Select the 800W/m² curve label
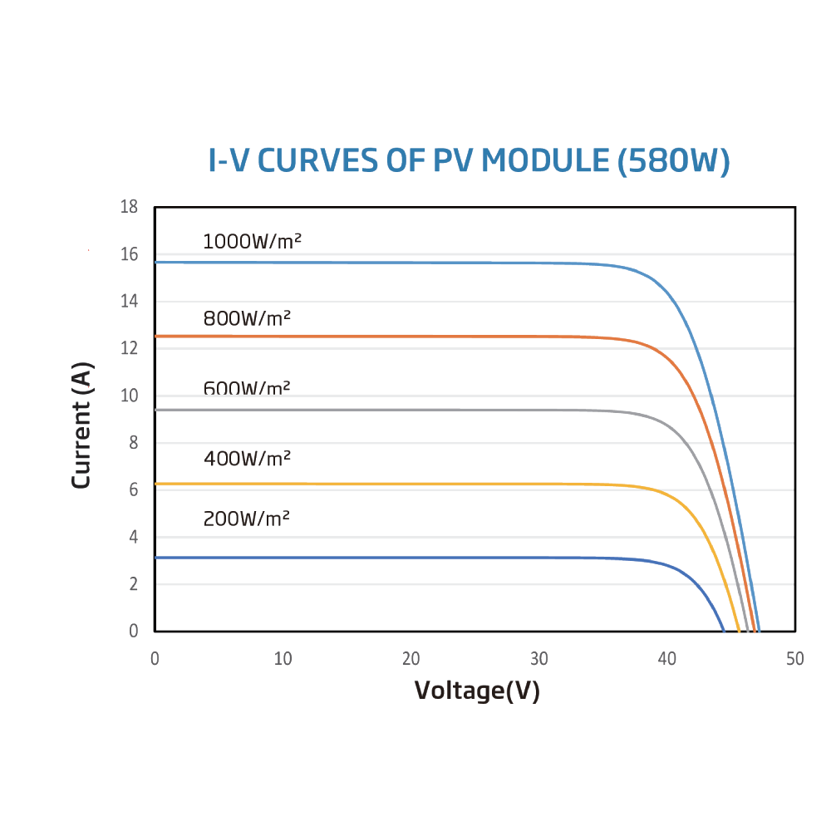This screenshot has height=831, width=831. [x=247, y=318]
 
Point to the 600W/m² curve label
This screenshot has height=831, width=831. [x=247, y=387]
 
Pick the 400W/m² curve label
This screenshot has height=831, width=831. [x=247, y=458]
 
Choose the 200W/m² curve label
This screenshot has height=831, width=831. [x=246, y=519]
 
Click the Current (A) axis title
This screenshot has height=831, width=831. [x=81, y=425]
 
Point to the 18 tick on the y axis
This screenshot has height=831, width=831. [x=129, y=207]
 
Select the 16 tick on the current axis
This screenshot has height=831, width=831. [x=129, y=254]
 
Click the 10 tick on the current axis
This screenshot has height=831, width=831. [x=129, y=396]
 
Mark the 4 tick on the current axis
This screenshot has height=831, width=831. [x=133, y=537]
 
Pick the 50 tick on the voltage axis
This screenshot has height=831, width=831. [x=795, y=659]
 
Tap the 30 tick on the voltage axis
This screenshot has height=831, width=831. [x=539, y=659]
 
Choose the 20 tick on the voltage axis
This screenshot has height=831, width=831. [x=411, y=659]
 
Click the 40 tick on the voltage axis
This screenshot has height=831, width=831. [x=667, y=659]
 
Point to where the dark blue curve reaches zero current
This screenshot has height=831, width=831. [x=724, y=630]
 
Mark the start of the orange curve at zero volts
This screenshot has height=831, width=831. [x=156, y=336]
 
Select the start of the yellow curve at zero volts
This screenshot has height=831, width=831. [x=156, y=484]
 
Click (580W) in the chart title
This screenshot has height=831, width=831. [x=674, y=160]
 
